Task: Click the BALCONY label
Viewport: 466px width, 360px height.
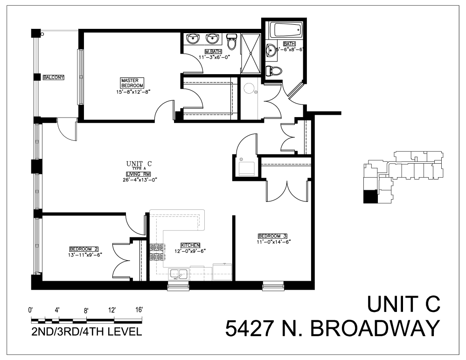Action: pyautogui.click(x=53, y=77)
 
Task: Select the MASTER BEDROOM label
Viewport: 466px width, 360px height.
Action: pyautogui.click(x=132, y=83)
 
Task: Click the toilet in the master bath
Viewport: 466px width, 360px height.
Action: pyautogui.click(x=231, y=42)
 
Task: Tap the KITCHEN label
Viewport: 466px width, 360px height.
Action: pyautogui.click(x=190, y=245)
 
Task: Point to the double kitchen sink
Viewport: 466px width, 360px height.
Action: pyautogui.click(x=178, y=274)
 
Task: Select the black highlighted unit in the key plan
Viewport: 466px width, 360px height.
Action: pyautogui.click(x=369, y=197)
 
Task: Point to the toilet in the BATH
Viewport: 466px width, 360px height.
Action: pyautogui.click(x=275, y=71)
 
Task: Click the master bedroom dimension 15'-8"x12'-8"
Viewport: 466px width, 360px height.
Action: pyautogui.click(x=132, y=91)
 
